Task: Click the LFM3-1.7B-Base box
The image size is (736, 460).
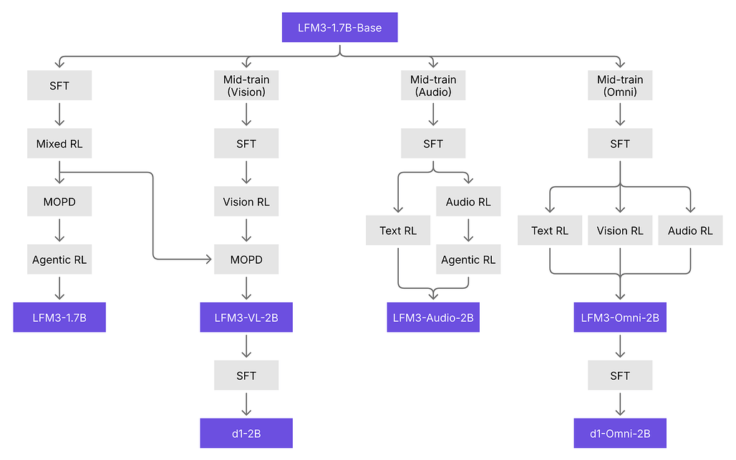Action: pyautogui.click(x=339, y=27)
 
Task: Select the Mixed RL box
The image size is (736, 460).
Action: pyautogui.click(x=59, y=143)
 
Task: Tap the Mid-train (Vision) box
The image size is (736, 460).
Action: pyautogui.click(x=246, y=85)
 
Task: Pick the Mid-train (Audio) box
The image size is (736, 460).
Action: pyautogui.click(x=432, y=85)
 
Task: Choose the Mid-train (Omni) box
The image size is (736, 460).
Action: pyautogui.click(x=619, y=85)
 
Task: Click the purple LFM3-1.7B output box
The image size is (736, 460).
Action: pyautogui.click(x=59, y=317)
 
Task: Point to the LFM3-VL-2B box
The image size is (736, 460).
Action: pyautogui.click(x=246, y=317)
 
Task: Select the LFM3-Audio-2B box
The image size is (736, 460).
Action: pyautogui.click(x=432, y=317)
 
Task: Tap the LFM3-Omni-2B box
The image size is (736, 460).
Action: pyautogui.click(x=619, y=317)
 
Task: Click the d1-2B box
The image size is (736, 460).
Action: pyautogui.click(x=246, y=433)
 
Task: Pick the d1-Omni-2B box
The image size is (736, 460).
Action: pyautogui.click(x=619, y=433)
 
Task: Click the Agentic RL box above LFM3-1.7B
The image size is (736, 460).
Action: pyautogui.click(x=59, y=259)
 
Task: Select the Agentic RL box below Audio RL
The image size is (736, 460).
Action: pyautogui.click(x=468, y=259)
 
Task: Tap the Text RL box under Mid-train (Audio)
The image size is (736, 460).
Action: pyautogui.click(x=398, y=230)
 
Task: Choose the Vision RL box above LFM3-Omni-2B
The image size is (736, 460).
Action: pyautogui.click(x=619, y=230)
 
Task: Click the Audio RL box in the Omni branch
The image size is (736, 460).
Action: pyautogui.click(x=690, y=230)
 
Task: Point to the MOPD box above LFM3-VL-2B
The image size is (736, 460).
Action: pyautogui.click(x=246, y=259)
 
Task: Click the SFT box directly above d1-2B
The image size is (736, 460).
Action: pyautogui.click(x=246, y=375)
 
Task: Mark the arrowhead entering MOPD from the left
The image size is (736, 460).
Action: pyautogui.click(x=209, y=259)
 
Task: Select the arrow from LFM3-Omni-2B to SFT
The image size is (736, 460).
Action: pyautogui.click(x=619, y=346)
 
